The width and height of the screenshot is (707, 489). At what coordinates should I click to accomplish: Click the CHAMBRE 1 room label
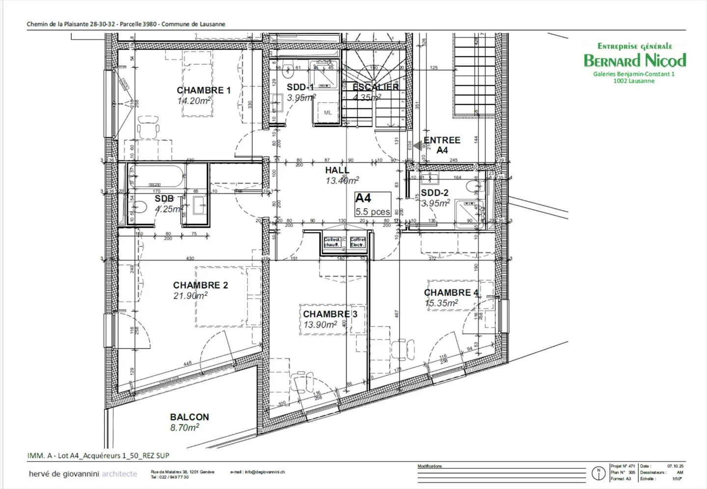(203, 90)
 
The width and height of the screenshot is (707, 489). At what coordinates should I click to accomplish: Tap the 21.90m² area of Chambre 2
(190, 296)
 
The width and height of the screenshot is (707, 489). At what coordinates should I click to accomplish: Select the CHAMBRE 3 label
(330, 314)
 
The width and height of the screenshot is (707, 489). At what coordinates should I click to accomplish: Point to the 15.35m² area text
(441, 303)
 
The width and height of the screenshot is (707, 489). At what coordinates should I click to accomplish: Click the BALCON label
(190, 417)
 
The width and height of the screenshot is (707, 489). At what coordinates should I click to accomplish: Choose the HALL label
(337, 170)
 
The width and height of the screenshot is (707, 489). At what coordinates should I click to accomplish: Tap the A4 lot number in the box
(363, 198)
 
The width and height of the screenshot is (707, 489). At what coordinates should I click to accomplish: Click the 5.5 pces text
(373, 212)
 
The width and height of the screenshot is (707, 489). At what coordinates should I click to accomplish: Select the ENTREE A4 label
(442, 145)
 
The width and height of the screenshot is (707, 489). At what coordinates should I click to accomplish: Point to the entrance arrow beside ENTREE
(418, 146)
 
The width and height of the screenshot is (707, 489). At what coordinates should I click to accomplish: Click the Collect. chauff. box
(332, 242)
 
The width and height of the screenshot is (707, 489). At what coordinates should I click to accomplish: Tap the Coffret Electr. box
(357, 242)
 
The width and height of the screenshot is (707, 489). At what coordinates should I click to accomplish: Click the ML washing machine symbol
(327, 112)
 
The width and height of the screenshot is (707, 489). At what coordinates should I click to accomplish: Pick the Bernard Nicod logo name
(634, 60)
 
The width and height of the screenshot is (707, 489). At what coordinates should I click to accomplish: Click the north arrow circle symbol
(598, 473)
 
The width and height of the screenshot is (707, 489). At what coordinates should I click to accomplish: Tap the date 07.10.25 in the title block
(675, 466)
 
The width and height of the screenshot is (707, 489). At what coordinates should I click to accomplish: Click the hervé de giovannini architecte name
(83, 474)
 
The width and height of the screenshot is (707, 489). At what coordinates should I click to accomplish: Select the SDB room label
(164, 199)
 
